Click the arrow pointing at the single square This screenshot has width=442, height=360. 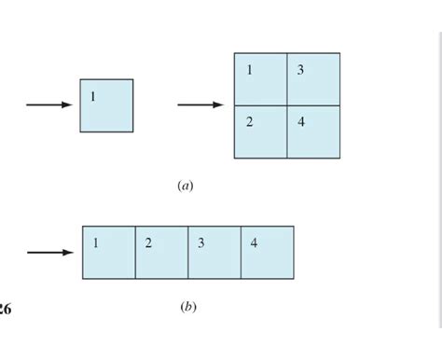[48, 104]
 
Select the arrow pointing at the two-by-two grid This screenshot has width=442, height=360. [200, 104]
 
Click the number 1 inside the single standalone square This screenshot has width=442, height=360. [93, 97]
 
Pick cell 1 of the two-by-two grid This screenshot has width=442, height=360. [260, 79]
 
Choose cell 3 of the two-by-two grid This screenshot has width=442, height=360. [313, 79]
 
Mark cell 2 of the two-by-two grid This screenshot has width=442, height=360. [260, 132]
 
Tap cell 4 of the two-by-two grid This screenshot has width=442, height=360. [313, 132]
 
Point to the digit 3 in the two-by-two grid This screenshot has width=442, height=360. [300, 71]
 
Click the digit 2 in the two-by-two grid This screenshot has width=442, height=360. [249, 123]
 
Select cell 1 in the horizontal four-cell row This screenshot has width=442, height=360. [108, 252]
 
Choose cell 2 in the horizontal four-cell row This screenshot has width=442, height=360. [161, 252]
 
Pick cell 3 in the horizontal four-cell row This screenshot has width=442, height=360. [214, 252]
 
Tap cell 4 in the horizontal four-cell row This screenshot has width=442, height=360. [268, 252]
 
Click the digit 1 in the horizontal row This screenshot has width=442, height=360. [95, 243]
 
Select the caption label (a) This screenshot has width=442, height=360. [185, 186]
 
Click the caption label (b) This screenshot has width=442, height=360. [187, 306]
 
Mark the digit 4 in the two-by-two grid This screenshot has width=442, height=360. [300, 123]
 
